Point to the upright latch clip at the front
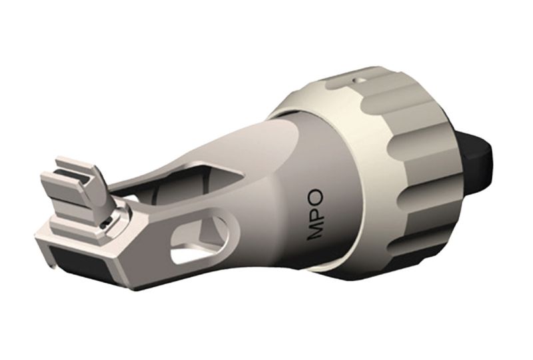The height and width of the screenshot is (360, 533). [x=93, y=187]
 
